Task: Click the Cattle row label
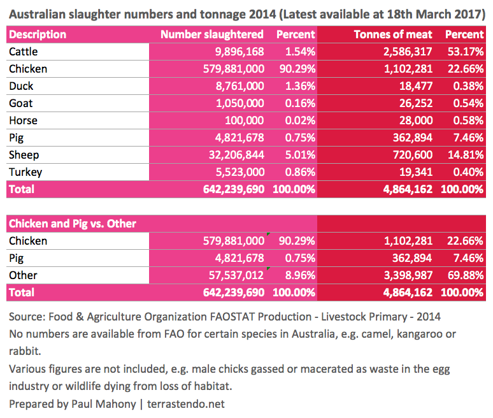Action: tap(23, 52)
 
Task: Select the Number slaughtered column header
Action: tap(211, 34)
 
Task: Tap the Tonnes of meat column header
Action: tap(392, 34)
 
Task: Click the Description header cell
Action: tap(38, 34)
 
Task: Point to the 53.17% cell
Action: tap(464, 52)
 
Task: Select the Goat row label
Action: tap(20, 103)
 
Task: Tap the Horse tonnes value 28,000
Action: tap(416, 120)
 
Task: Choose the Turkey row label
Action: tap(24, 172)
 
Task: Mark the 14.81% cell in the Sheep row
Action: tap(464, 155)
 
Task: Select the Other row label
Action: tap(23, 275)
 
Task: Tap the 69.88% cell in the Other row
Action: tap(464, 275)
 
